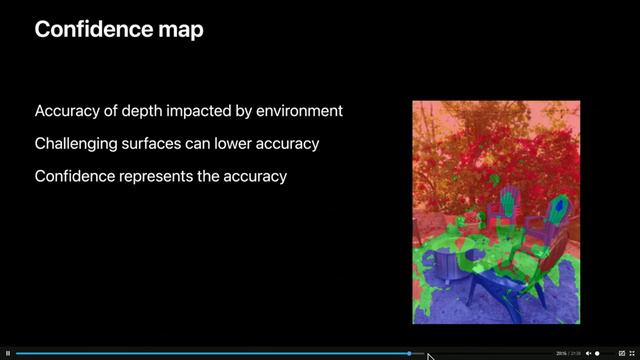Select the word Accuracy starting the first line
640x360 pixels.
pyautogui.click(x=66, y=110)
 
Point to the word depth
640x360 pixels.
pyautogui.click(x=140, y=110)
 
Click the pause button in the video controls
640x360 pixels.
pyautogui.click(x=8, y=353)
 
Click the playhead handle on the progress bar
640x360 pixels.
pyautogui.click(x=409, y=353)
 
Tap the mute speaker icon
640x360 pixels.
pyautogui.click(x=588, y=353)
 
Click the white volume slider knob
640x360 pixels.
pyautogui.click(x=598, y=353)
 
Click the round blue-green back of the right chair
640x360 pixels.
pyautogui.click(x=560, y=209)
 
